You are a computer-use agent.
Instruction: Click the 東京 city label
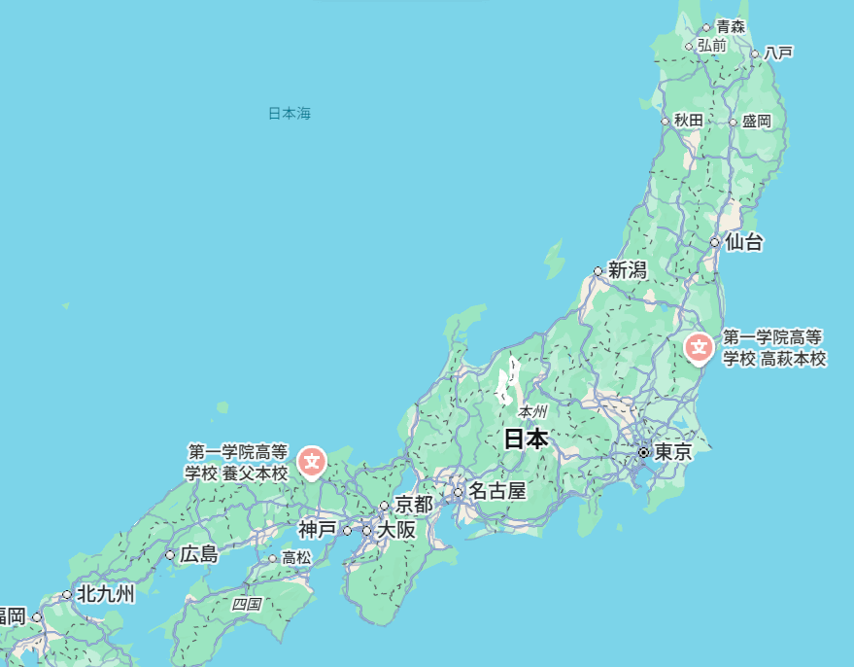672,453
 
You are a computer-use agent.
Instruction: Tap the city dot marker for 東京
643,453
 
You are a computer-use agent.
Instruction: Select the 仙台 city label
744,242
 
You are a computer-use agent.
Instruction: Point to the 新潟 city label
628,270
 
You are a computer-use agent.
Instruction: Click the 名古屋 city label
496,491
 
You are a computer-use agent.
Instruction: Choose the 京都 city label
414,505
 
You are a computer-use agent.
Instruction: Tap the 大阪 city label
396,530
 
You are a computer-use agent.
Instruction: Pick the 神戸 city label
318,530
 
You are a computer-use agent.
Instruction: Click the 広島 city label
199,554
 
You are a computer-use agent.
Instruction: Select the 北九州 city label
106,593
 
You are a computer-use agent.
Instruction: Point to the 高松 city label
296,558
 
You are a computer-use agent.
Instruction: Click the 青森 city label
731,27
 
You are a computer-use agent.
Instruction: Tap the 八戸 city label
778,53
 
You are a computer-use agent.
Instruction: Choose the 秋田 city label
688,121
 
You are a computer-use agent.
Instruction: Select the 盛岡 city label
756,122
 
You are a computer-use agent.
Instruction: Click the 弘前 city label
711,45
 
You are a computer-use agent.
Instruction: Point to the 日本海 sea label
290,114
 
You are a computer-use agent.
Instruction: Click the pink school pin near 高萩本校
699,347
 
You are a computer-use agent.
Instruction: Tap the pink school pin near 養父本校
312,462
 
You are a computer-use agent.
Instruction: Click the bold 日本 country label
526,439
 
